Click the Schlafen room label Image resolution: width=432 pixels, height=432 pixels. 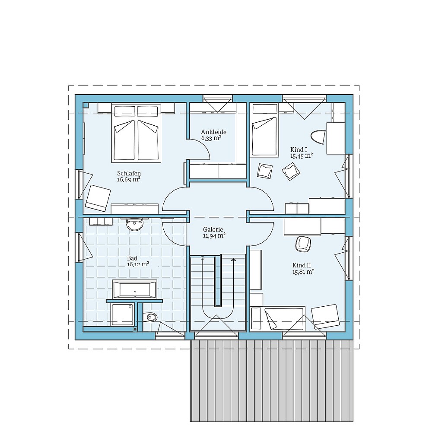129,173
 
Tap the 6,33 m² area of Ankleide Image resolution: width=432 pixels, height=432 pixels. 211,139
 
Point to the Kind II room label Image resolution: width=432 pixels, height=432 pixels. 302,265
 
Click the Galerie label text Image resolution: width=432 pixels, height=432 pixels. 213,230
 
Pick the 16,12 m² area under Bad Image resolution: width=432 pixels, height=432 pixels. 138,264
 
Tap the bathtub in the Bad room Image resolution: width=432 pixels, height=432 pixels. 134,289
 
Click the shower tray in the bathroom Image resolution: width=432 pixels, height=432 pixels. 123,314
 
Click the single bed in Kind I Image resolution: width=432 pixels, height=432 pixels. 264,130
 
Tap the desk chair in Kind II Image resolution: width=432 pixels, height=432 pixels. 303,244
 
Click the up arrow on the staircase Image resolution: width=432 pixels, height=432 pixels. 233,260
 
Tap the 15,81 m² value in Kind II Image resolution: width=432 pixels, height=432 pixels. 303,272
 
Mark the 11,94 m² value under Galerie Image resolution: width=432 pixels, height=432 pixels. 214,236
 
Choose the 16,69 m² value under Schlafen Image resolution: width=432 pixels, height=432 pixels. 129,179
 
